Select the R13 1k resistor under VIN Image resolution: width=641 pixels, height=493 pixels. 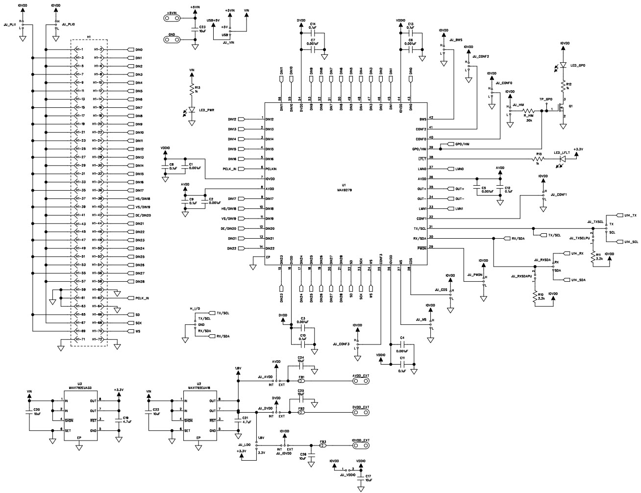pyautogui.click(x=192, y=90)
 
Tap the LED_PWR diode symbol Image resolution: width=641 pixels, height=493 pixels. pyautogui.click(x=192, y=110)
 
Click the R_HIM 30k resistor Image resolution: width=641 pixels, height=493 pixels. pyautogui.click(x=529, y=111)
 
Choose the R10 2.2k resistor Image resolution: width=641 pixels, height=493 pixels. pyautogui.click(x=535, y=296)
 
